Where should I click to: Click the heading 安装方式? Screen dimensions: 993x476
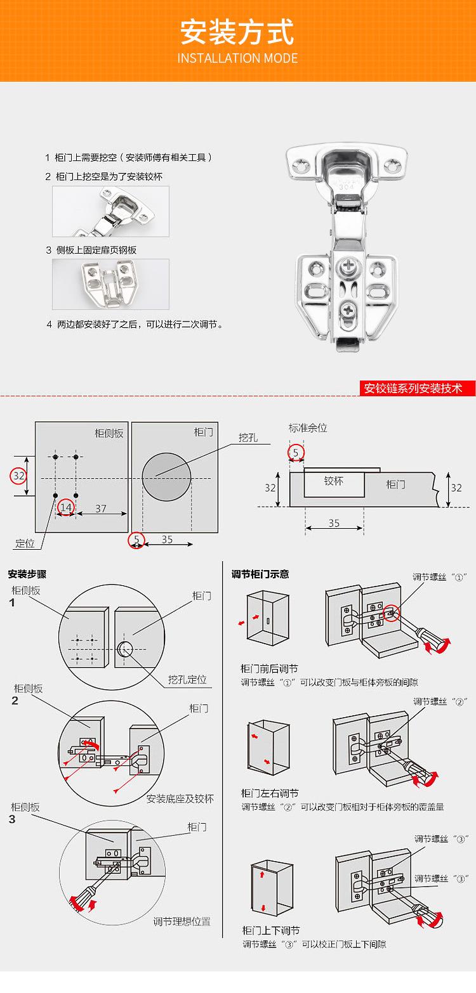(x=237, y=32)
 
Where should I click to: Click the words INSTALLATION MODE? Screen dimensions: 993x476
(x=237, y=58)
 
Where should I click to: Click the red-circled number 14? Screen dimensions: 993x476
(x=66, y=507)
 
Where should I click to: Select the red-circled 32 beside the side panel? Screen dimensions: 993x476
(x=19, y=476)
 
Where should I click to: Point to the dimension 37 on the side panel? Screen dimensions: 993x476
(x=101, y=508)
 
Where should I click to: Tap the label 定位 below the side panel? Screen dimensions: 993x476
(x=25, y=543)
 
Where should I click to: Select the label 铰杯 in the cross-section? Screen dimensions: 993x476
(x=333, y=481)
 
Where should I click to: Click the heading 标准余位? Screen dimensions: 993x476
(x=308, y=428)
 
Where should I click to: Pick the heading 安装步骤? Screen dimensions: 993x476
(x=27, y=574)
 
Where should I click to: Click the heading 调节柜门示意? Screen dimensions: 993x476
(x=260, y=574)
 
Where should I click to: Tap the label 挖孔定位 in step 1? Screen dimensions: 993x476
(x=187, y=680)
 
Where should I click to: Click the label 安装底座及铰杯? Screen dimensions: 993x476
(x=180, y=798)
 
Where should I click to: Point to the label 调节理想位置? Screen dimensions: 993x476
(x=182, y=921)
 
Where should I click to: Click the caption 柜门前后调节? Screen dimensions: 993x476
(x=269, y=669)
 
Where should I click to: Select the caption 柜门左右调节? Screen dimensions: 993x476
(x=270, y=793)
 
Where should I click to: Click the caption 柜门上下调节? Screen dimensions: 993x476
(x=271, y=930)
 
